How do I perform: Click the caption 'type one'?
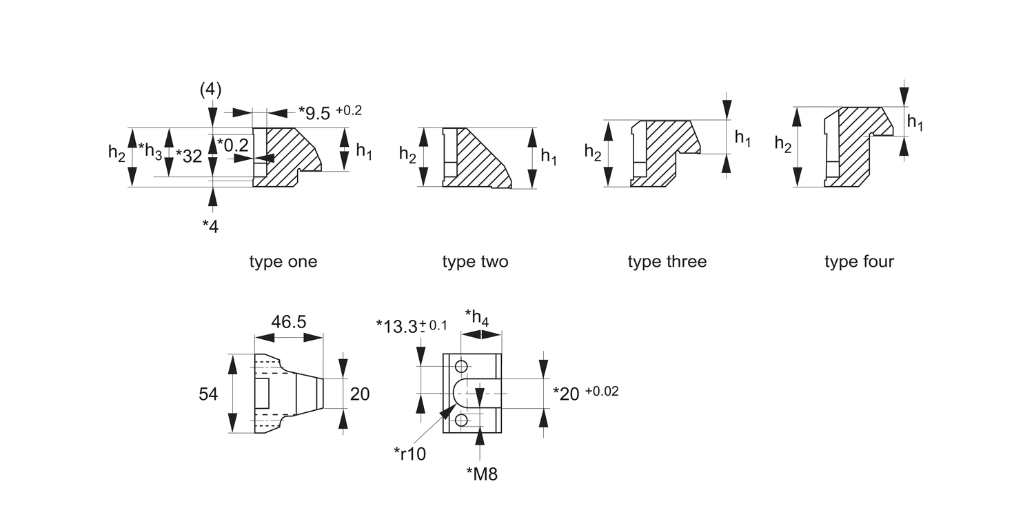(x=283, y=262)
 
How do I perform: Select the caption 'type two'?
(x=475, y=262)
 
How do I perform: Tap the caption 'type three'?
(x=667, y=262)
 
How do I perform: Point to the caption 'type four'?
(x=859, y=262)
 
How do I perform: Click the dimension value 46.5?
(x=289, y=322)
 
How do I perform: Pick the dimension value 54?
(x=208, y=394)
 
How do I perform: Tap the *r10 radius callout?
(x=410, y=454)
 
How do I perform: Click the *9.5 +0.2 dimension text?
(x=330, y=112)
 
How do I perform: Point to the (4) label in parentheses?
(x=210, y=90)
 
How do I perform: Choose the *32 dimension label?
(x=188, y=156)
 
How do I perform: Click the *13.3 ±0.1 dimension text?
(x=411, y=325)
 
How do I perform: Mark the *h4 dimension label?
(x=477, y=317)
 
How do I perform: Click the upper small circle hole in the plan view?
(x=461, y=365)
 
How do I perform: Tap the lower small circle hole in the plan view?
(x=461, y=419)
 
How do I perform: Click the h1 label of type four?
(x=915, y=123)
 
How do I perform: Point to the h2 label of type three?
(x=593, y=152)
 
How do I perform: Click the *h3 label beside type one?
(x=150, y=152)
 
